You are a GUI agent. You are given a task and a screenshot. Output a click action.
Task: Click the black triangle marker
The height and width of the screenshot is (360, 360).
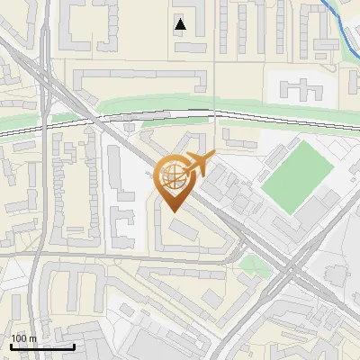click(x=181, y=24)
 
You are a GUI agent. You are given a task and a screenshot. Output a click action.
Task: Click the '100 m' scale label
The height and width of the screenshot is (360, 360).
click(x=24, y=338)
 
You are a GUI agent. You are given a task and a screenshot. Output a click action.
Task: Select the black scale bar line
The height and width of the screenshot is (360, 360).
click(x=42, y=346)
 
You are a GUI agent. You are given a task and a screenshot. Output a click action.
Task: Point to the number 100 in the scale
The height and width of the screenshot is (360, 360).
click(x=20, y=338)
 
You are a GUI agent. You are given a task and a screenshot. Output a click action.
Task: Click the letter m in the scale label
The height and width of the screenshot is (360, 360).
click(x=33, y=338)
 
